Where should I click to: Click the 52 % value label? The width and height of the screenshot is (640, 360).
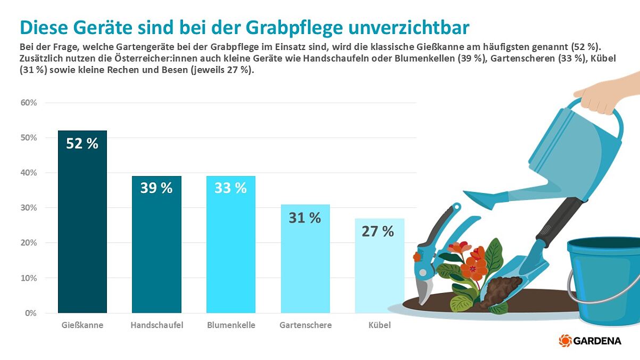pos(82,144)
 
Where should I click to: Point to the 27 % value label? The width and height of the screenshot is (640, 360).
pos(378,231)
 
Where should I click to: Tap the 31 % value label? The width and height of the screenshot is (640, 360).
pos(305,217)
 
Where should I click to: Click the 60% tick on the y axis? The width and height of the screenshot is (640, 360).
pos(29,103)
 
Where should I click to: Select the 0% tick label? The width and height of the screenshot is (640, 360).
pos(31,313)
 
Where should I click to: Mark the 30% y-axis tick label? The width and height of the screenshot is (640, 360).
pos(29,208)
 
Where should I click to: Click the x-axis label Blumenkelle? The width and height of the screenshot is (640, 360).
pos(231,325)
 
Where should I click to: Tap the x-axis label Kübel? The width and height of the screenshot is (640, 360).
pos(379,325)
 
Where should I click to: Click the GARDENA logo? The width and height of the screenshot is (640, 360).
pos(590,340)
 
